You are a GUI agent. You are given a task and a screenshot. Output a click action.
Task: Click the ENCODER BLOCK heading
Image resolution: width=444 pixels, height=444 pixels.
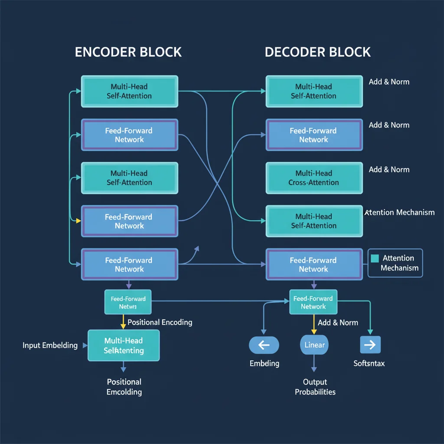click(128, 52)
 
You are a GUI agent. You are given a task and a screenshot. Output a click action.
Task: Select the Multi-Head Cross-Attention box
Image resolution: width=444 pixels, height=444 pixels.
click(314, 178)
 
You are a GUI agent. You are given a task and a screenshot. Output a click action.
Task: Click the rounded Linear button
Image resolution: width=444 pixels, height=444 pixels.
click(314, 345)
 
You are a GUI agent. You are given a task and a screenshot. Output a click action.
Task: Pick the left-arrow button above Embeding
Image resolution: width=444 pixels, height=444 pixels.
click(264, 345)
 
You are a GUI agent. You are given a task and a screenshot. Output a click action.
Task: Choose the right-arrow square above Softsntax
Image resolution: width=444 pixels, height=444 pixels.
click(370, 345)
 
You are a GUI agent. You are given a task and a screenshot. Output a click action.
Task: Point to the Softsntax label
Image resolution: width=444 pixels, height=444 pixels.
click(369, 363)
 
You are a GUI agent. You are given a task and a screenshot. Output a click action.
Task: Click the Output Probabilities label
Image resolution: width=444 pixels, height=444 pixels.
click(315, 387)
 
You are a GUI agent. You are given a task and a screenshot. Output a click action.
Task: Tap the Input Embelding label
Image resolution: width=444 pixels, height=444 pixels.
click(50, 346)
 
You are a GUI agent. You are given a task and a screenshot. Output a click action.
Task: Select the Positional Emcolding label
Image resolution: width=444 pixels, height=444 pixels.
click(124, 387)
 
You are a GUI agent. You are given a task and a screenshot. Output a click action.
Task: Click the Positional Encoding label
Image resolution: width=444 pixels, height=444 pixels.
click(160, 322)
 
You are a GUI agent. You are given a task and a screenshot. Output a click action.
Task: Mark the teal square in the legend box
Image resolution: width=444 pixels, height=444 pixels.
click(375, 258)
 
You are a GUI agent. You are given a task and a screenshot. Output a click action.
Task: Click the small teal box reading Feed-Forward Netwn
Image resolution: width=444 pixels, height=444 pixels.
click(128, 302)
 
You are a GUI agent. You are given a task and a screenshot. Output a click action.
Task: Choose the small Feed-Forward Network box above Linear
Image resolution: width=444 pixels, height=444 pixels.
click(313, 302)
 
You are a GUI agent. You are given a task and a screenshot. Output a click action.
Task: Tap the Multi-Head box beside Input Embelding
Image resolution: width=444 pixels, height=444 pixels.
click(124, 346)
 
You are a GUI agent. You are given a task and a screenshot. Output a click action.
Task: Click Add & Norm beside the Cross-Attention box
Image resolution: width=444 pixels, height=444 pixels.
click(389, 170)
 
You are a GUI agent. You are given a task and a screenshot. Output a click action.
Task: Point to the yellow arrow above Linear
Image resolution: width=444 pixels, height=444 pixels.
click(313, 324)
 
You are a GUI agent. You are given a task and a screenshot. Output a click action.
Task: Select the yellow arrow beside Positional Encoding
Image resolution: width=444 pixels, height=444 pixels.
click(123, 322)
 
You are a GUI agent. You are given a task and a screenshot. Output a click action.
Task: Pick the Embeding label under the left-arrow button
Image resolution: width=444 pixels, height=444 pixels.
click(264, 363)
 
